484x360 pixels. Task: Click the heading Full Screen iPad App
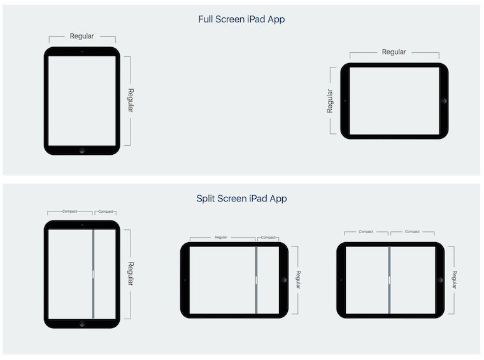[x=241, y=19]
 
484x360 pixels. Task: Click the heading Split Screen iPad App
[x=241, y=198]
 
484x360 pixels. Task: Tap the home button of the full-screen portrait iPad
[x=82, y=150]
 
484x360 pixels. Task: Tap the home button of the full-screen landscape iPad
[x=444, y=101]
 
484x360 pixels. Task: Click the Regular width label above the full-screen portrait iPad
[x=82, y=36]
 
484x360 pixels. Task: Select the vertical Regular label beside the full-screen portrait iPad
[x=131, y=100]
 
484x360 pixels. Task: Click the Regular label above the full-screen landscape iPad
[x=394, y=52]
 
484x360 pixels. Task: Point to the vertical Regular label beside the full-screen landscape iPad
[x=330, y=101]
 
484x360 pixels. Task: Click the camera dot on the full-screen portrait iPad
[x=82, y=52]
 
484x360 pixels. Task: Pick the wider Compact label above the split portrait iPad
[x=70, y=212]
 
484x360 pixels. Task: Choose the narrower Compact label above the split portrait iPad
[x=106, y=212]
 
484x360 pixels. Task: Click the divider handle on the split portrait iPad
[x=93, y=274]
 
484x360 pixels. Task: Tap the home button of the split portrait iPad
[x=82, y=324]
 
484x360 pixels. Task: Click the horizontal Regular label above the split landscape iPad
[x=221, y=237]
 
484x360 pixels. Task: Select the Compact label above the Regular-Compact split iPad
[x=268, y=238]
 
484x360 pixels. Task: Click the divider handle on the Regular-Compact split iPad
[x=256, y=280]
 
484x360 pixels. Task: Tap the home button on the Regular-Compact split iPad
[x=284, y=280]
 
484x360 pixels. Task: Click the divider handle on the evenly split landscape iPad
[x=389, y=280]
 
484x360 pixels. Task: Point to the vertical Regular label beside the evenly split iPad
[x=454, y=280]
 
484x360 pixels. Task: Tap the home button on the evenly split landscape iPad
[x=440, y=280]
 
